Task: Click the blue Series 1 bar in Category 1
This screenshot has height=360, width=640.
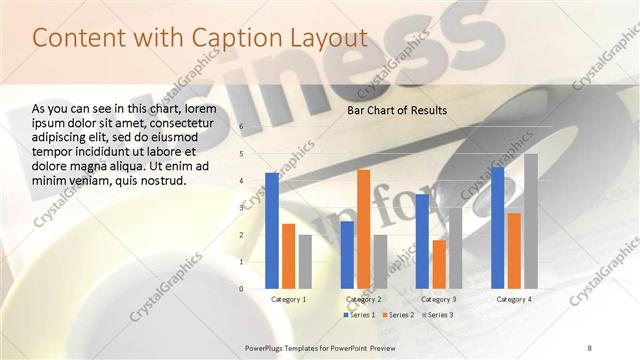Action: tap(272, 230)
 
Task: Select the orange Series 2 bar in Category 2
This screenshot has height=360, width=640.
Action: tap(363, 229)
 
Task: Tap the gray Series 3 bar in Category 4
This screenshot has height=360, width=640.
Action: tap(530, 221)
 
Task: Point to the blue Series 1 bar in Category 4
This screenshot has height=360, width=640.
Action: tap(498, 228)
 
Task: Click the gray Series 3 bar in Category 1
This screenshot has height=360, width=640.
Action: tap(305, 261)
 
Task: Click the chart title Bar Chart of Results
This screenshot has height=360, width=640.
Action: tap(397, 110)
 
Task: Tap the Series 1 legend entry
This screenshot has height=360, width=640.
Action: tap(361, 315)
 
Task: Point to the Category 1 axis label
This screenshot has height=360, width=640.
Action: tap(289, 299)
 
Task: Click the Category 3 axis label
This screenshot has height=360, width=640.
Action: tap(440, 299)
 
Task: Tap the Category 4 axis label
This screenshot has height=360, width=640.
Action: tap(515, 299)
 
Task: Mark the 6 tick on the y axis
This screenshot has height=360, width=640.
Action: tap(242, 127)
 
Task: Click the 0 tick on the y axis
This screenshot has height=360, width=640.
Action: tap(242, 288)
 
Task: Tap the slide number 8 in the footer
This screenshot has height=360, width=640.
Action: tap(590, 347)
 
